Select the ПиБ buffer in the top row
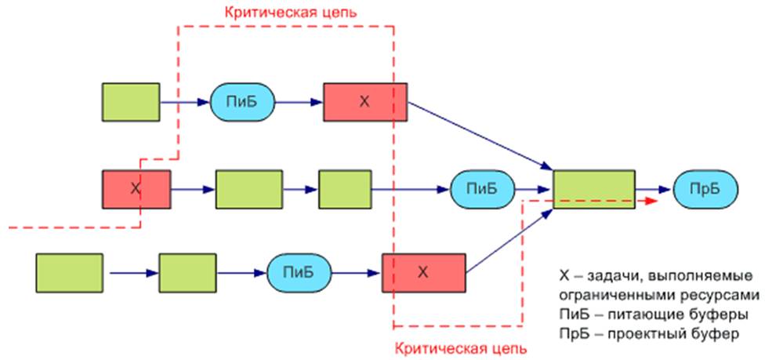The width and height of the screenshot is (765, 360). tap(242, 101)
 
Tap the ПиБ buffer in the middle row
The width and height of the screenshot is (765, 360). tap(483, 189)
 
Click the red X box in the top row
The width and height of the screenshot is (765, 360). tap(365, 101)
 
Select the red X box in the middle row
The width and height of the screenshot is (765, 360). tap(136, 189)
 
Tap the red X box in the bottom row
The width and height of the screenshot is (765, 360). tap(423, 272)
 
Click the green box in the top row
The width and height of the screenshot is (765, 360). tap(131, 101)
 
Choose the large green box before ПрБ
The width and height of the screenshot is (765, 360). tap(594, 189)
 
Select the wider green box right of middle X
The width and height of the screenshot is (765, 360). tap(248, 189)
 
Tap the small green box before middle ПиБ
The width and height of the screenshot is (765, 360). tap(344, 189)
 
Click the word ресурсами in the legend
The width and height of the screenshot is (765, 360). tap(720, 296)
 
